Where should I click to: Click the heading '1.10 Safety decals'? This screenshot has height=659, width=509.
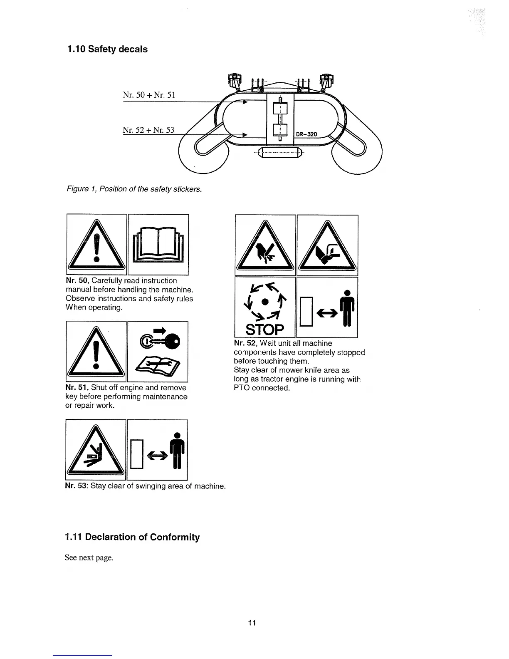pos(107,49)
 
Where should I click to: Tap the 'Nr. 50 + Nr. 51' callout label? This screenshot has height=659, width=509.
pos(149,95)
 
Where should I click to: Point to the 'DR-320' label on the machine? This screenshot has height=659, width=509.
pos(307,134)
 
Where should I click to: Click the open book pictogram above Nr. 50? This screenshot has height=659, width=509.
pos(158,245)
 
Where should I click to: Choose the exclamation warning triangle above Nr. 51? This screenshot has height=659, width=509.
pos(96,352)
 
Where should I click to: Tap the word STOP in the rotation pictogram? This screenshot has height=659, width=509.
pos(265,329)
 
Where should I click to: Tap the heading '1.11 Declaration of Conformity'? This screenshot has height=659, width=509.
pos(132,537)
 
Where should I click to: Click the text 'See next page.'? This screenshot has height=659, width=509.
pos(89,558)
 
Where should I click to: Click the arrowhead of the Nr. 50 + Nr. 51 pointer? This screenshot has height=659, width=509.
pos(245,101)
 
